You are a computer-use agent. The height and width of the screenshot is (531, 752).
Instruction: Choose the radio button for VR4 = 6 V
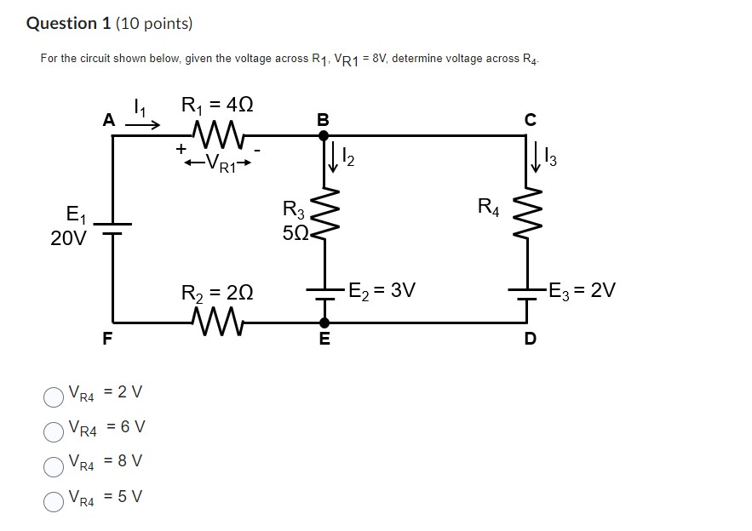54,431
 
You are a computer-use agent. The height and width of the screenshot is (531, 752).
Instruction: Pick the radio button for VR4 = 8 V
54,465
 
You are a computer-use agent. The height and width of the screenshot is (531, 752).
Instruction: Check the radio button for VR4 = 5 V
54,500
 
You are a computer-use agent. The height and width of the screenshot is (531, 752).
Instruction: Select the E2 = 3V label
382,290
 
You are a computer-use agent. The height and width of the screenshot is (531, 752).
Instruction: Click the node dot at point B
324,134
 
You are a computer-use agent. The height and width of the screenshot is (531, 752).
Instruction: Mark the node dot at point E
324,323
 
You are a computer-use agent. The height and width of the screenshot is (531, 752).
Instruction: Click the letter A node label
108,121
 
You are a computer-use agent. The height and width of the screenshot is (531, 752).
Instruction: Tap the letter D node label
530,340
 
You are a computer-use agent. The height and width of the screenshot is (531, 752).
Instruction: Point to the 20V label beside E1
68,239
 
